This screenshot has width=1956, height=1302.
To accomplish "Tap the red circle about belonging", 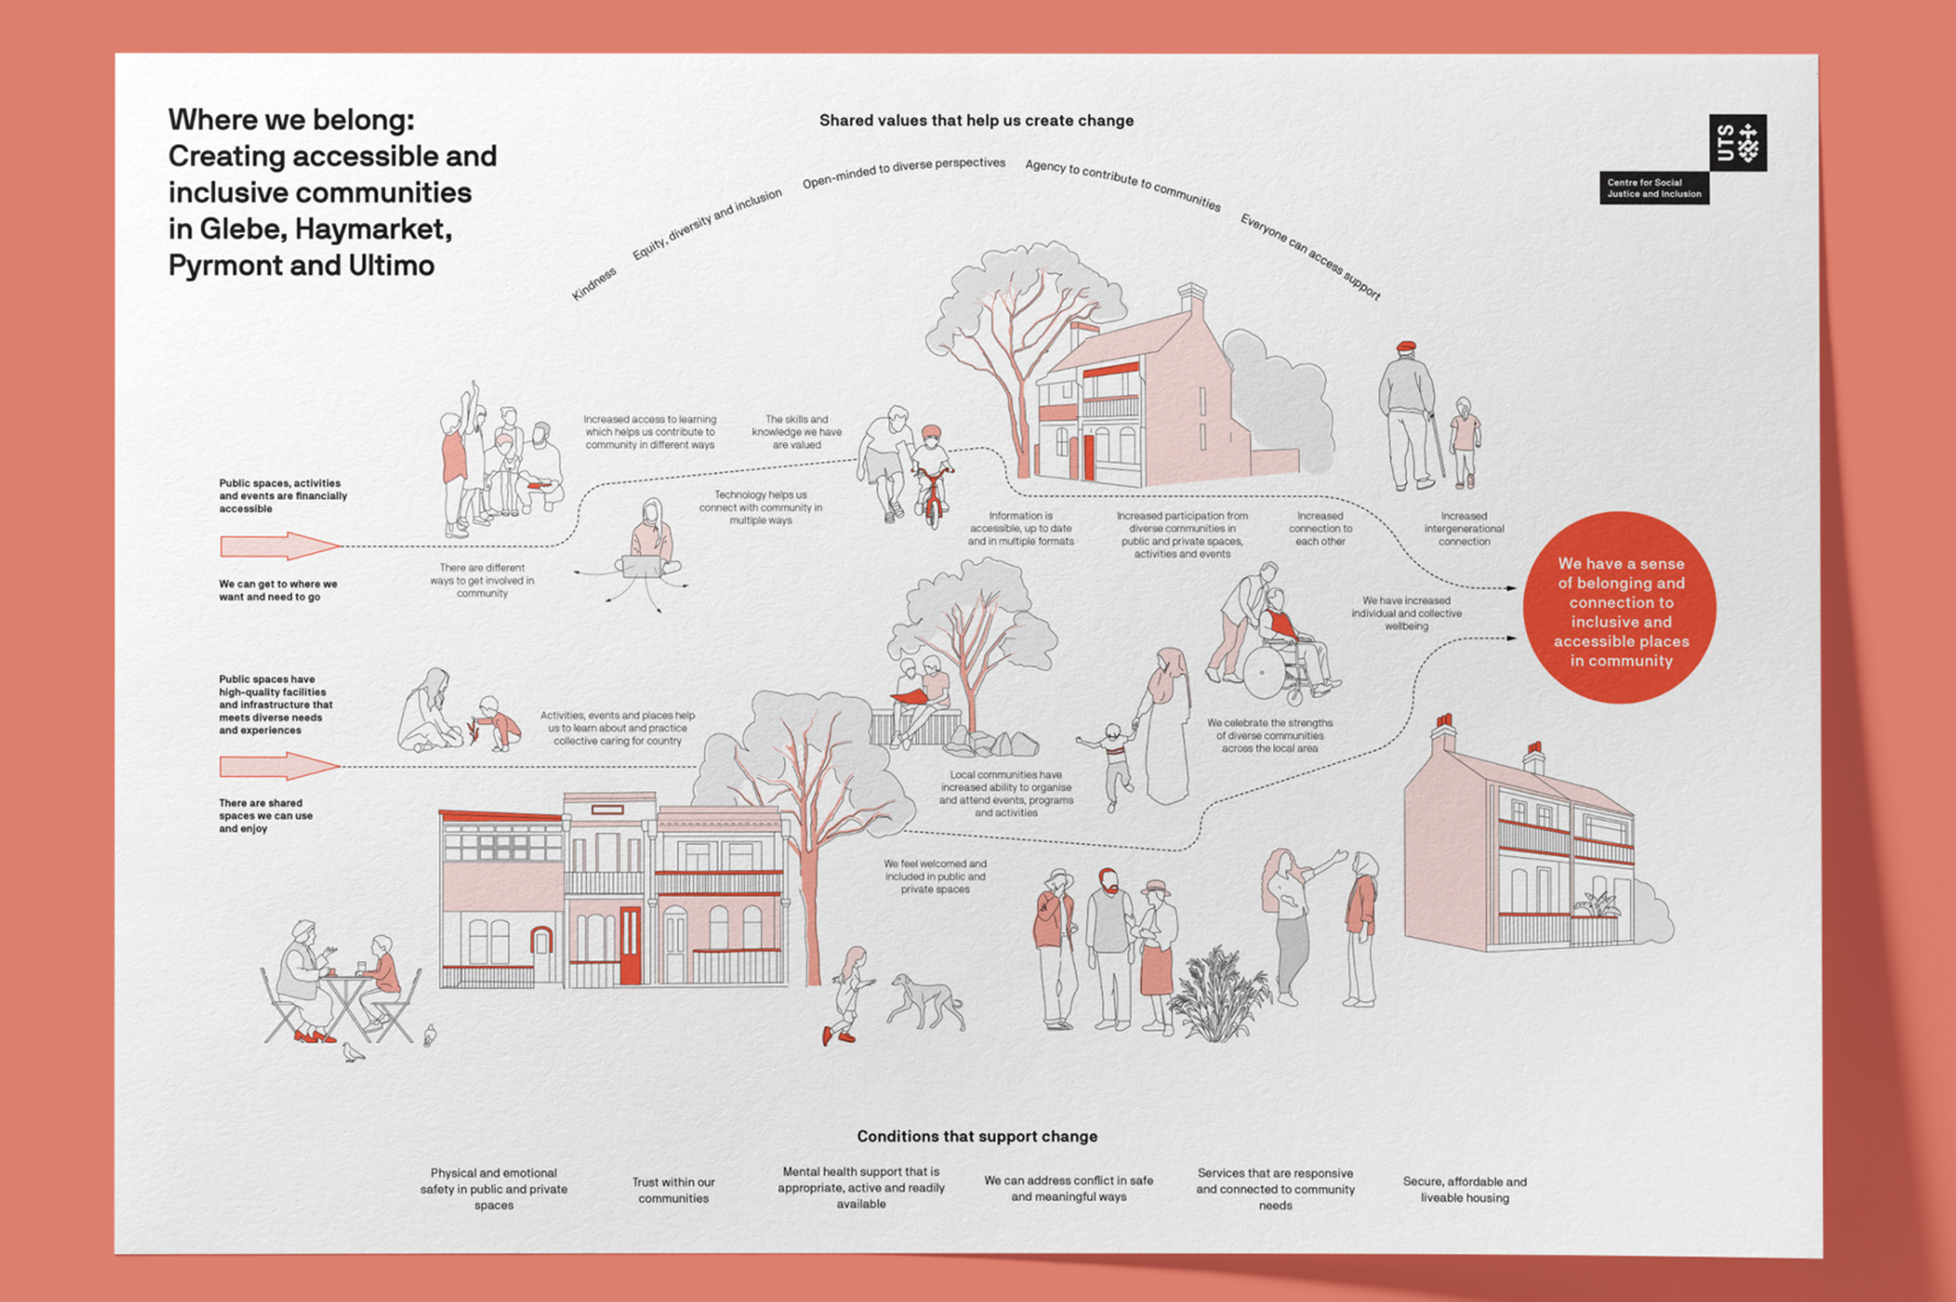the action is pyautogui.click(x=1620, y=608).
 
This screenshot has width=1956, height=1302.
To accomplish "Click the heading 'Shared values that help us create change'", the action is pyautogui.click(x=976, y=120).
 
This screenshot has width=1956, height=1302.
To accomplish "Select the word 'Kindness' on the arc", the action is pyautogui.click(x=594, y=284).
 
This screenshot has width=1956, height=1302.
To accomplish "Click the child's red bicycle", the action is pyautogui.click(x=933, y=496).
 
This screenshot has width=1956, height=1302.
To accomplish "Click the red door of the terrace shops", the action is pyautogui.click(x=630, y=945).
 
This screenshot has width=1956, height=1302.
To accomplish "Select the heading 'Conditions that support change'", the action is pyautogui.click(x=976, y=1136).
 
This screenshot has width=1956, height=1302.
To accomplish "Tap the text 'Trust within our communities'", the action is pyautogui.click(x=674, y=1190).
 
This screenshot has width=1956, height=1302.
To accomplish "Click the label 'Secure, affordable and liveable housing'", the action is pyautogui.click(x=1465, y=1189).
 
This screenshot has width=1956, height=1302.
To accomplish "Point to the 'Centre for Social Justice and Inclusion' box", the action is pyautogui.click(x=1654, y=189).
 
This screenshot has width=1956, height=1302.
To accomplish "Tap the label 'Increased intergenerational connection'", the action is pyautogui.click(x=1464, y=529).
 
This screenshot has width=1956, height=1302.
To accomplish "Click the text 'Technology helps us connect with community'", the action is pyautogui.click(x=760, y=507).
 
